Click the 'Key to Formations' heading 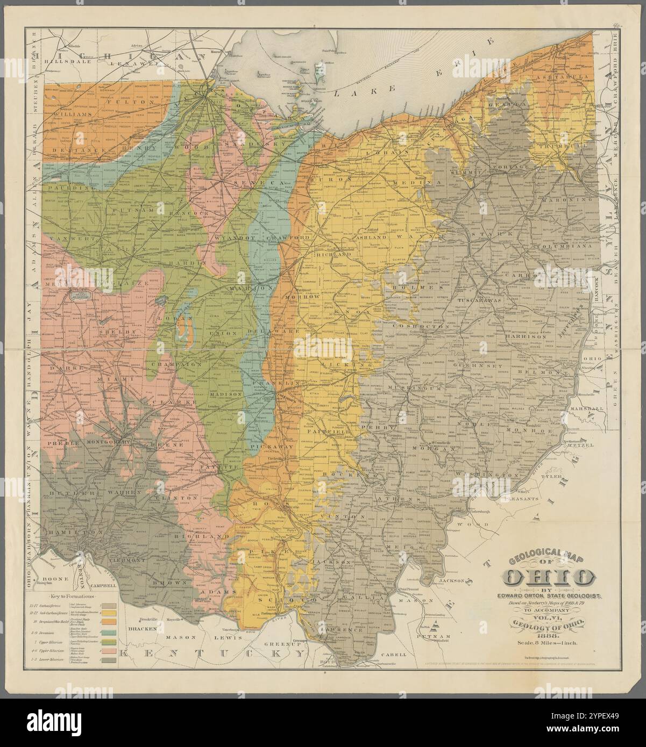pyautogui.click(x=72, y=597)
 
